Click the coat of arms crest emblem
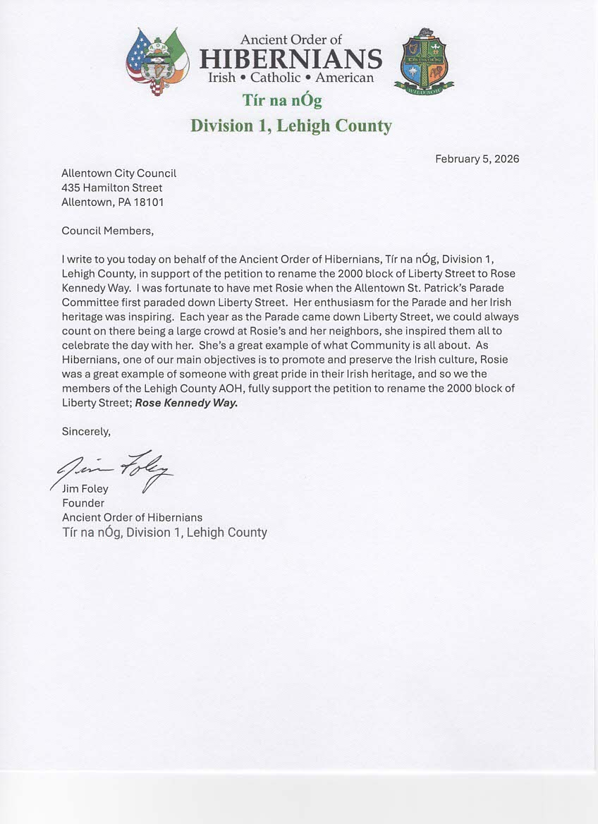423,62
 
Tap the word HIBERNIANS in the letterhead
291,59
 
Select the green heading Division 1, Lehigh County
291,126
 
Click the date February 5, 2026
477,159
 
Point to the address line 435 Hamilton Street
112,188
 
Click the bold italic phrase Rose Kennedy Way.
186,403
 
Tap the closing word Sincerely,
86,431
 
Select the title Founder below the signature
83,503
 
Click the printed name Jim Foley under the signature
85,489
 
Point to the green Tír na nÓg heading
282,100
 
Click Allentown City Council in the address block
118,173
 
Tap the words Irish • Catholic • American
291,78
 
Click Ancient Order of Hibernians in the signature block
132,517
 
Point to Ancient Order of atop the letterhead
291,40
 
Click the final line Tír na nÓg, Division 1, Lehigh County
164,532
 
